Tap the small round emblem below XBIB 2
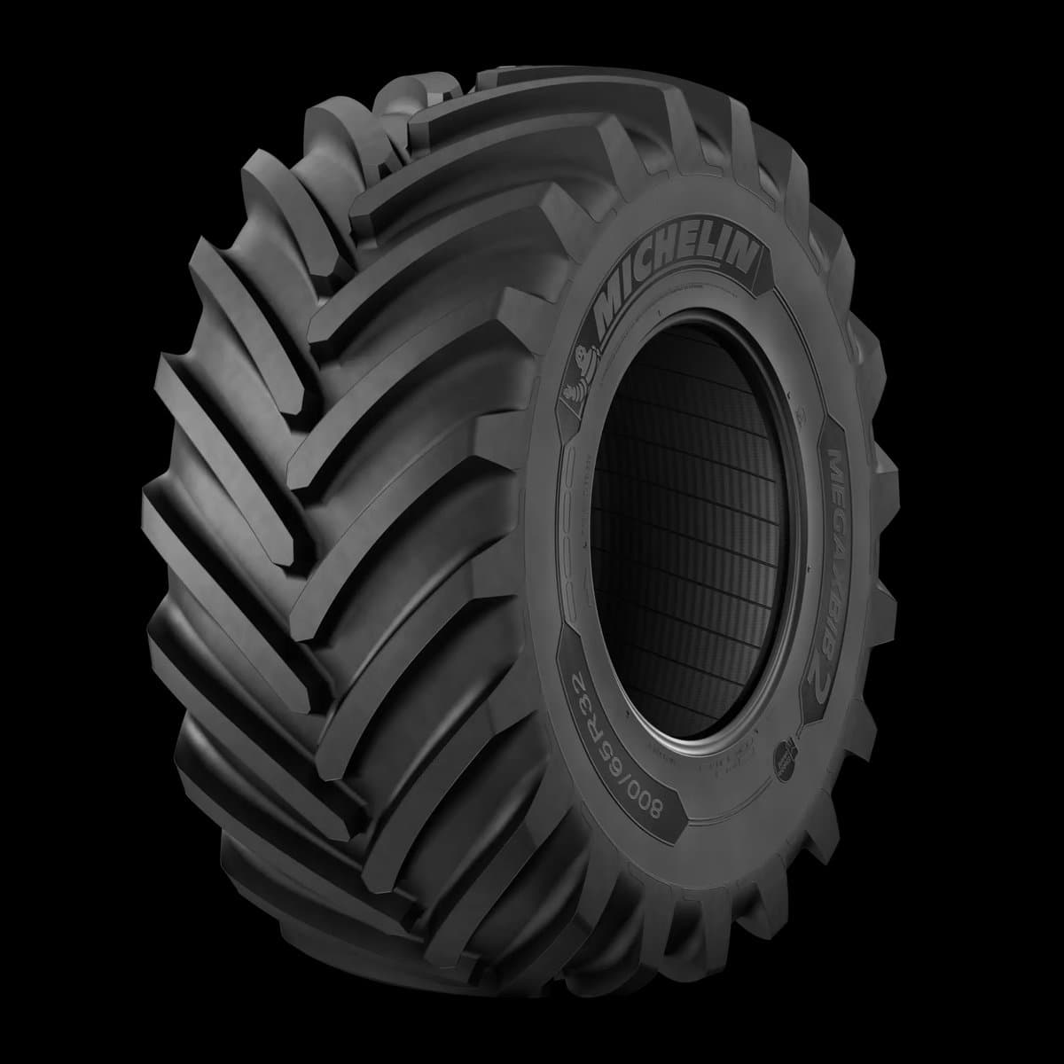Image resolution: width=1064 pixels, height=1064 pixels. (787, 755)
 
